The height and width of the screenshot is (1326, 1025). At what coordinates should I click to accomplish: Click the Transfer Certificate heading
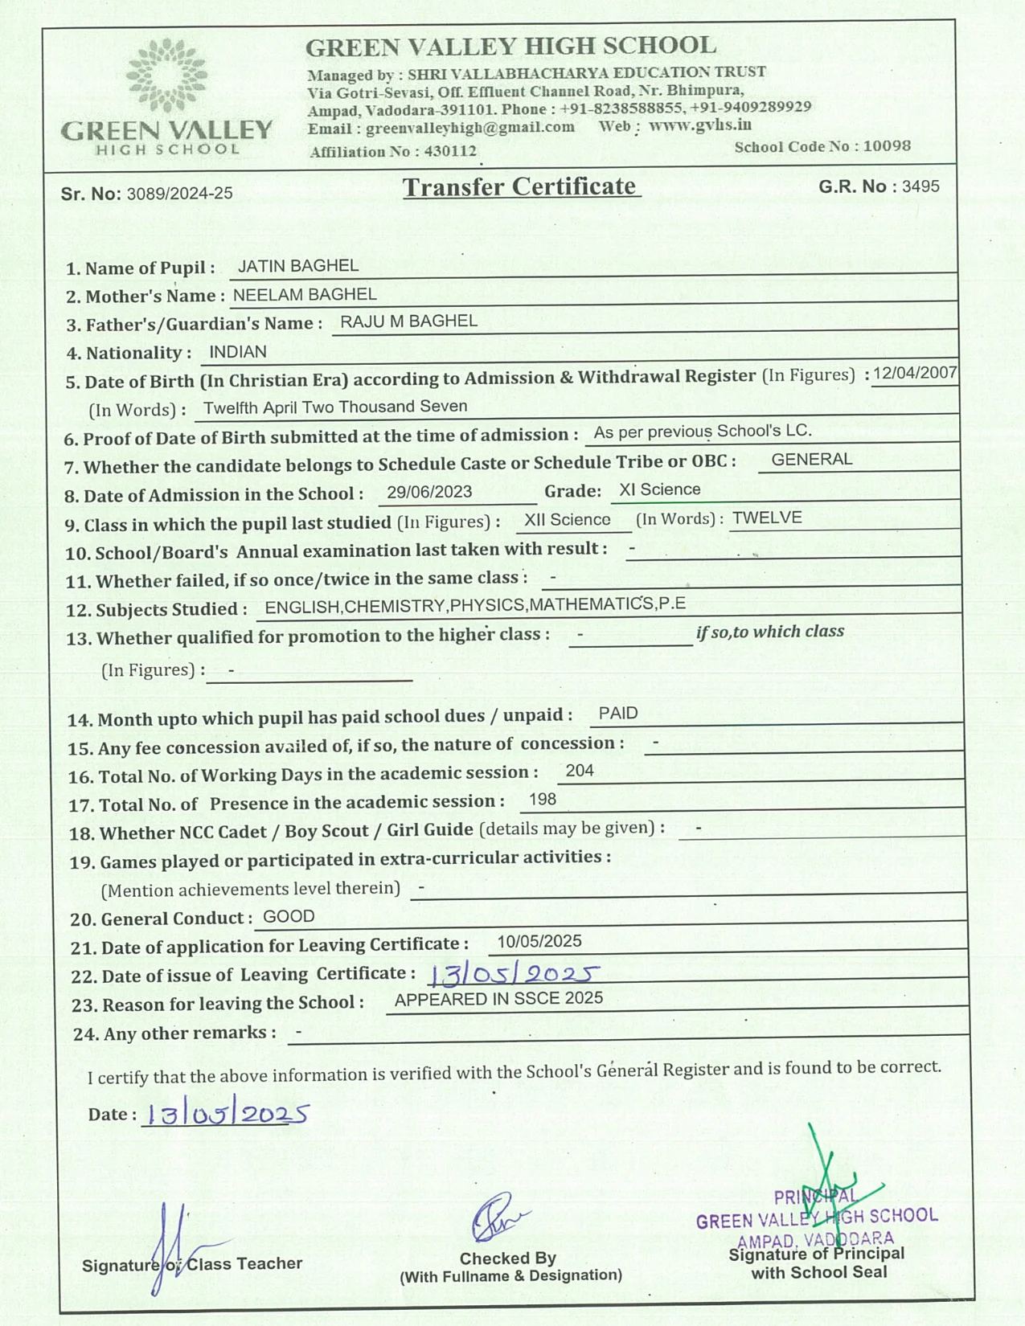pyautogui.click(x=520, y=186)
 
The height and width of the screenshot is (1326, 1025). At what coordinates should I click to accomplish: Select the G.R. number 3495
pyautogui.click(x=920, y=186)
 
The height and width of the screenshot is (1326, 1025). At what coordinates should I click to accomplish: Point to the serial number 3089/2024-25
pyautogui.click(x=179, y=194)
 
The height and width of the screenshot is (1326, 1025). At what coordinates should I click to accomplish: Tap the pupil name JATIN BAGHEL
pyautogui.click(x=298, y=266)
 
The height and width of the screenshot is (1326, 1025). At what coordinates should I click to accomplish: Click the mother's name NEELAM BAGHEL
pyautogui.click(x=305, y=295)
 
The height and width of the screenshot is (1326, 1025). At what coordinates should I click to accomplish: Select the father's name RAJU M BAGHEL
pyautogui.click(x=408, y=321)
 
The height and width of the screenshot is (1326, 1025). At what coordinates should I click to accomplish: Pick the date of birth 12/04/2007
pyautogui.click(x=915, y=373)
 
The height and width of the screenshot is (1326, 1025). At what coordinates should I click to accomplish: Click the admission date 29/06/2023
pyautogui.click(x=429, y=492)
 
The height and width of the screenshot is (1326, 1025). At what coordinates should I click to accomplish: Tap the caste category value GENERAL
pyautogui.click(x=811, y=460)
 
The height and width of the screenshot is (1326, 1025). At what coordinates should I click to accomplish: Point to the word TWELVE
pyautogui.click(x=767, y=518)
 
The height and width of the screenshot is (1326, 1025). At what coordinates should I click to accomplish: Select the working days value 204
pyautogui.click(x=580, y=771)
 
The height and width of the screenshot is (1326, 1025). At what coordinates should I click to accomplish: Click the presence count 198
pyautogui.click(x=543, y=800)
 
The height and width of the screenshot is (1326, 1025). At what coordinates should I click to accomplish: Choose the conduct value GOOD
pyautogui.click(x=289, y=916)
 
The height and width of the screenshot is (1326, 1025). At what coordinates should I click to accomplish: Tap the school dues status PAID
pyautogui.click(x=618, y=714)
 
